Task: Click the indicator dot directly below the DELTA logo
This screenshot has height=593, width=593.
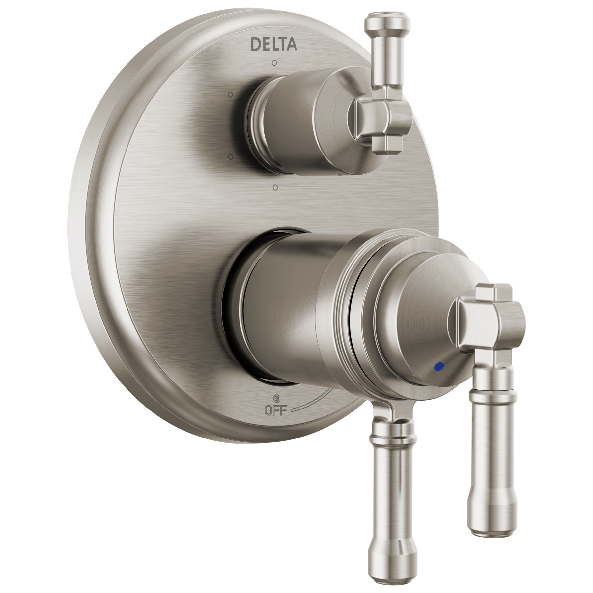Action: coord(274,62)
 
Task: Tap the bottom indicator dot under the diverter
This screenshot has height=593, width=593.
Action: coord(275,187)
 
